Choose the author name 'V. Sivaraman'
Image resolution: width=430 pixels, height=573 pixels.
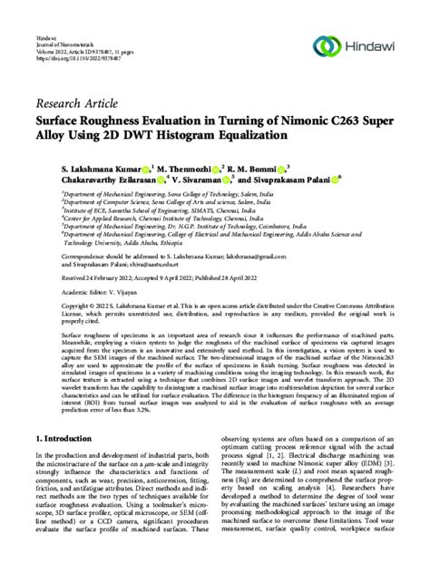pyautogui.click(x=199, y=180)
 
